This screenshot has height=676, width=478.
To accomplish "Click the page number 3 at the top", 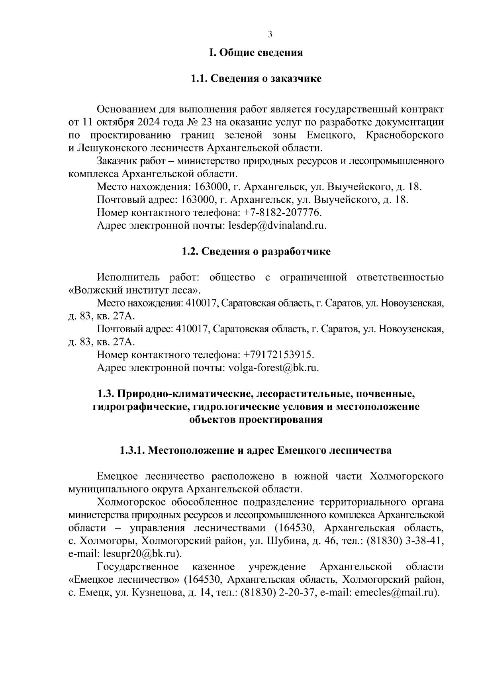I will point(270,34).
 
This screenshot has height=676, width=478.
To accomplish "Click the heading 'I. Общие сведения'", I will point(256,53).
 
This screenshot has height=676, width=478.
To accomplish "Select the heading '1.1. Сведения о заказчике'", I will point(256,78).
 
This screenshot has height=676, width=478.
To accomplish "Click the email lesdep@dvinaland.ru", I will point(277,225).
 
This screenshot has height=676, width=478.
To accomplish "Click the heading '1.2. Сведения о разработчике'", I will point(256,252).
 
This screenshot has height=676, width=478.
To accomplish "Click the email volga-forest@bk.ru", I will point(274,368).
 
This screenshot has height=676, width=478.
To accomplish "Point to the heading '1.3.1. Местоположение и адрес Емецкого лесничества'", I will point(256,451).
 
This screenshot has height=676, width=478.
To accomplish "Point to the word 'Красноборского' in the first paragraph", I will point(404,135).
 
